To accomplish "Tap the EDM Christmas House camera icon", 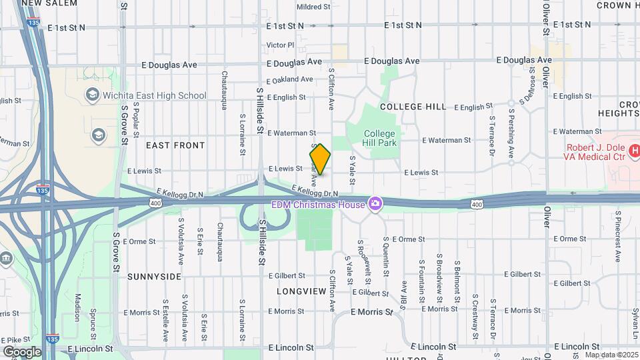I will (375, 203).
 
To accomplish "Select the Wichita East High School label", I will (154, 95).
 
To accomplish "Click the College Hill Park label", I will (380, 138).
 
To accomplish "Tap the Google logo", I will (22, 351).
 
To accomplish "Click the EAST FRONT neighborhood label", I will (171, 145).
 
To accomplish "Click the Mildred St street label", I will (313, 7).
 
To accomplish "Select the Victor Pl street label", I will (280, 45).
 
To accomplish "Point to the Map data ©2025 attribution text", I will (611, 355).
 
